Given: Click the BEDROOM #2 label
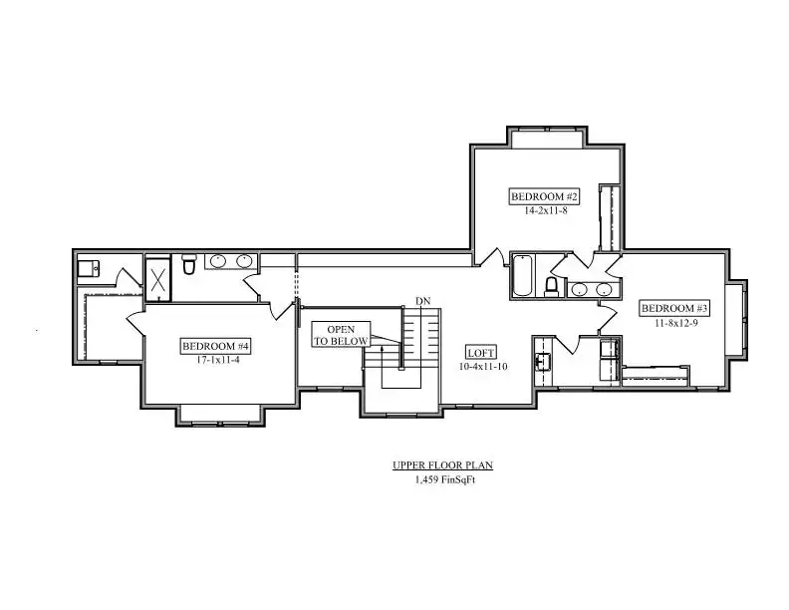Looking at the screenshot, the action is pos(544,196).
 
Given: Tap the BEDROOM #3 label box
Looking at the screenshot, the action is pos(674,308).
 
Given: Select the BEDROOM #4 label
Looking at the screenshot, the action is pos(215,346).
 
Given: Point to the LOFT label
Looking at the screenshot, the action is pos(480,353).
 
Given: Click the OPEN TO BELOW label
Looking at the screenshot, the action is pos(341,335).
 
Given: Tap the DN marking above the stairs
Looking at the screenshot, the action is pos(422,301).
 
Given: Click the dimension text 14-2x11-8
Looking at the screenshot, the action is pos(546,211).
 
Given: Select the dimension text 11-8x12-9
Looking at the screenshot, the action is pos(675,323).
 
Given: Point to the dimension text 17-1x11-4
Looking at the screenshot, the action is pos(217,360).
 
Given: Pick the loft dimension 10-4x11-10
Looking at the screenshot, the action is pos(483,367).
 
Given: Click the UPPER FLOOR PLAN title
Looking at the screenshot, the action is pos(442,465).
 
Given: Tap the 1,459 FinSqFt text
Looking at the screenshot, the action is pos(445,479).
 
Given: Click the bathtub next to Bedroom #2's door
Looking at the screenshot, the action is pos(522,275).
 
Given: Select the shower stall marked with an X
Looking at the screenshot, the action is pos(158,280).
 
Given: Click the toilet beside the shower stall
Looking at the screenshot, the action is pos(188,265).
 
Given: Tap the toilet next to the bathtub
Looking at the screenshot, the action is pos(552,286).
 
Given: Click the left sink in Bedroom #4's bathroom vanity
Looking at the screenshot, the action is pos(218,261).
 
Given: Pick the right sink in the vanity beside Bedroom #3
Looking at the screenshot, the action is pos(604,290).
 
